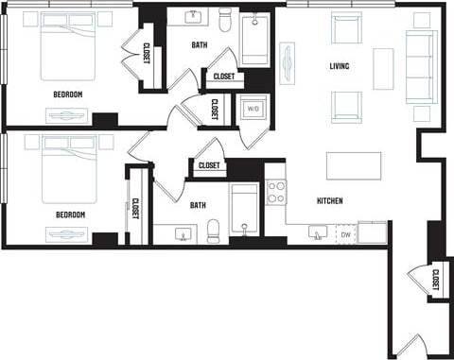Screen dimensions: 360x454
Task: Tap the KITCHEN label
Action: [329, 201]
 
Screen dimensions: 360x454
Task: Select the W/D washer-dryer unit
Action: [253, 110]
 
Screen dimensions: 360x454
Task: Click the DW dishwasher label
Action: [346, 233]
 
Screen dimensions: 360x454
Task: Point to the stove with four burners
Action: [276, 193]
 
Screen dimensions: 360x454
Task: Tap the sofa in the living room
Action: [421, 66]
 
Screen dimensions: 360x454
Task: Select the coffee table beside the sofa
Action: [383, 68]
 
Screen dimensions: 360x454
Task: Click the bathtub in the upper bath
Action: [254, 41]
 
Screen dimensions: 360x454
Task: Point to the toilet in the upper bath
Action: [225, 21]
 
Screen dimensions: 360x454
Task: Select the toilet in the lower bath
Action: [214, 230]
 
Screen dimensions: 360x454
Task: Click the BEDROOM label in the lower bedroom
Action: [71, 214]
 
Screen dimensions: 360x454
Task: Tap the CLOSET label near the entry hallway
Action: [434, 281]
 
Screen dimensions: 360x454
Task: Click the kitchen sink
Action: [318, 231]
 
